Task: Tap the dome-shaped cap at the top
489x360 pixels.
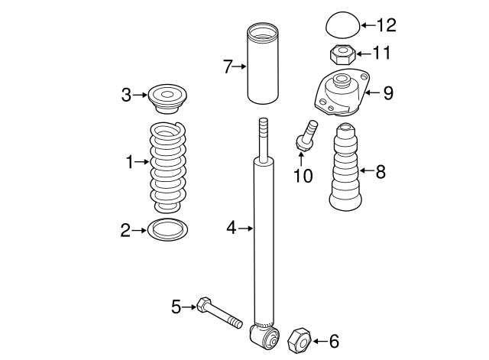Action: point(342,25)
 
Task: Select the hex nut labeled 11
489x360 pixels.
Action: point(341,54)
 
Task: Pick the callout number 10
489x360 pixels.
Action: point(303,177)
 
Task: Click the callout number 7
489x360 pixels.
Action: point(227,67)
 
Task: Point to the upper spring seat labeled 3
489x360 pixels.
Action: point(165,96)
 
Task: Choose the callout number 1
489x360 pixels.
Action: point(130,161)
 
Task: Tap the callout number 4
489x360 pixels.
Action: point(232,227)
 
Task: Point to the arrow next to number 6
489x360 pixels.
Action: point(317,342)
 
